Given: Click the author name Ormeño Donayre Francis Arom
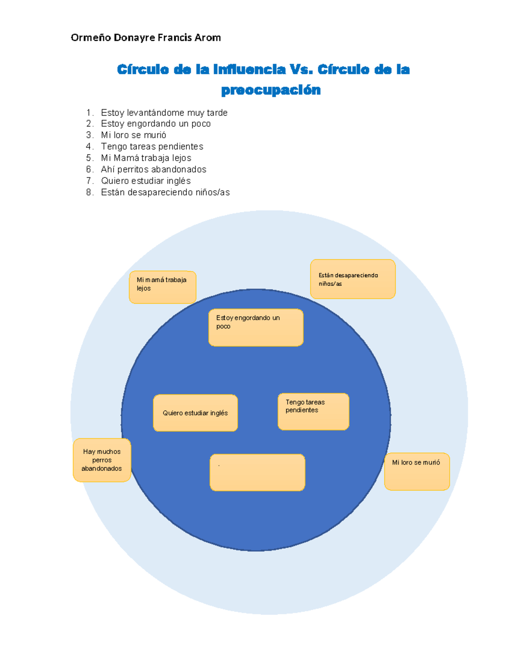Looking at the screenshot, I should pos(145,38).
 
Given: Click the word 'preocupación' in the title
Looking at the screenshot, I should pos(271,90).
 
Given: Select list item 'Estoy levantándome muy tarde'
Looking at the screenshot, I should pos(164,113).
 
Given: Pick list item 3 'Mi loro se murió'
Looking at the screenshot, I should pos(134,135).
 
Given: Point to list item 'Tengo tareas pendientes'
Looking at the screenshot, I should pos(152,146).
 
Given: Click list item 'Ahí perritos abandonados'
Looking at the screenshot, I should pos(154,169).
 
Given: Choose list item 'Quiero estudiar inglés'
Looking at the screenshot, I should pos(145,181).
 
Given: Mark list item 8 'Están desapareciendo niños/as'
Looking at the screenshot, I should pos(165,193).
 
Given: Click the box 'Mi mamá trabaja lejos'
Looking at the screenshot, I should pos(163,287).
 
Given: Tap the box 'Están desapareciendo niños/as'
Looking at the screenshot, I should pos(353,279).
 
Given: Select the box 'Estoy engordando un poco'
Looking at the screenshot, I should pos(256,327).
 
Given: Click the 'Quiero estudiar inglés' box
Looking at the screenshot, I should pos(195,413).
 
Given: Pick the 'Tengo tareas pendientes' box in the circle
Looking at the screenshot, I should pos(313,411).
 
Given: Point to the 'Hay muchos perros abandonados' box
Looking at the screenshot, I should pos(102,460).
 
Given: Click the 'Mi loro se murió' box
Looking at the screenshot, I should pos(417,471).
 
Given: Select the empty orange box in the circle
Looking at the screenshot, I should pos(257,472).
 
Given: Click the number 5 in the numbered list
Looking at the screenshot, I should pos(89,158).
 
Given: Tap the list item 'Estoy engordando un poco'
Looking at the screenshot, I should pos(156,124).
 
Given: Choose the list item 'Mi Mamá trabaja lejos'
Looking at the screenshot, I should pos(146,158).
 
